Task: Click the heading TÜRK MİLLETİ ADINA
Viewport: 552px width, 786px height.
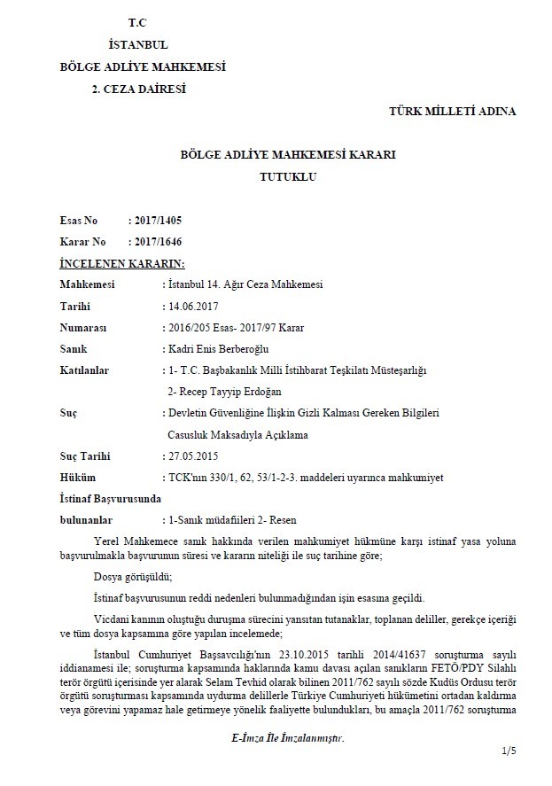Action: (x=452, y=111)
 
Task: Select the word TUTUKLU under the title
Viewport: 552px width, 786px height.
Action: (x=287, y=176)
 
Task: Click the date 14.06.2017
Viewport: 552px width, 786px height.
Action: (x=192, y=306)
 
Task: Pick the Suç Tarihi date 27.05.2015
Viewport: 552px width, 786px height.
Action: (x=192, y=456)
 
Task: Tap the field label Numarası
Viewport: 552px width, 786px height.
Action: (x=85, y=327)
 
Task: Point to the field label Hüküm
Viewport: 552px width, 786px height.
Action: (x=78, y=478)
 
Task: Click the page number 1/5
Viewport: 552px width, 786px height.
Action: (x=508, y=751)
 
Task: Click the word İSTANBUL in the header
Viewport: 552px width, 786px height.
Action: (x=137, y=44)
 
